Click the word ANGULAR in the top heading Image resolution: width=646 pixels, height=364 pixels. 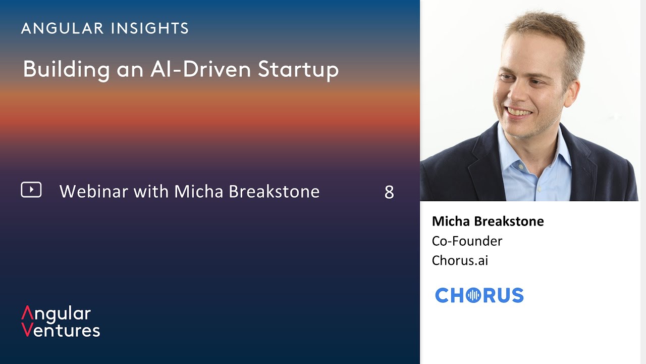coord(62,28)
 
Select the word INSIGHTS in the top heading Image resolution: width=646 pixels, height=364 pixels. coord(150,28)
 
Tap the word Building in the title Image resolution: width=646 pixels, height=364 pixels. coord(66,70)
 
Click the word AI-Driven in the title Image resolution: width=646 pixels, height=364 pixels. coord(201,69)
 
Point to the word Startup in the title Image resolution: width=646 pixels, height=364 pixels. coord(298,70)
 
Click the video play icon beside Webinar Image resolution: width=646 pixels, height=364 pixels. coord(31,190)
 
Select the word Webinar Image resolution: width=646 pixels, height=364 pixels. coord(93,191)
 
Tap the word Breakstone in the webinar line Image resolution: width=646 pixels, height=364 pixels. coord(274,191)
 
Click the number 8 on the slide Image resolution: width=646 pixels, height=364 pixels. coord(389,192)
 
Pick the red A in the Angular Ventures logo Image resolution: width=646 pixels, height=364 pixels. coord(27,312)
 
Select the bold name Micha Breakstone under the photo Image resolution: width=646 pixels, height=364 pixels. coord(488,221)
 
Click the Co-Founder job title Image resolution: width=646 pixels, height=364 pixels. coord(467,241)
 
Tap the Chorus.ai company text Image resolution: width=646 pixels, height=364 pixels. coord(460,260)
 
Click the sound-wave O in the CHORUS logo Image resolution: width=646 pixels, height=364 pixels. coord(473,295)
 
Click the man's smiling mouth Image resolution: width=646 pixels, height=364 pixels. coord(520,112)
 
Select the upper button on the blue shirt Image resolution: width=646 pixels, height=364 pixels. coord(521,167)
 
